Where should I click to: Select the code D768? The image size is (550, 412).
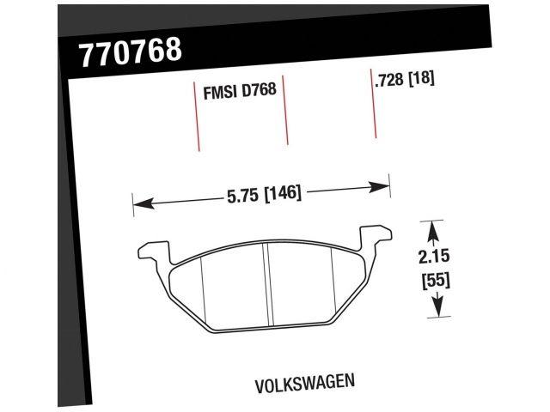pyautogui.click(x=259, y=90)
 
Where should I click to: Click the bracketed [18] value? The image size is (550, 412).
pyautogui.click(x=421, y=80)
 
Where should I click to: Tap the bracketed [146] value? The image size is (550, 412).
pyautogui.click(x=282, y=194)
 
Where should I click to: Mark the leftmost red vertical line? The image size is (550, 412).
pyautogui.click(x=195, y=116)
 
